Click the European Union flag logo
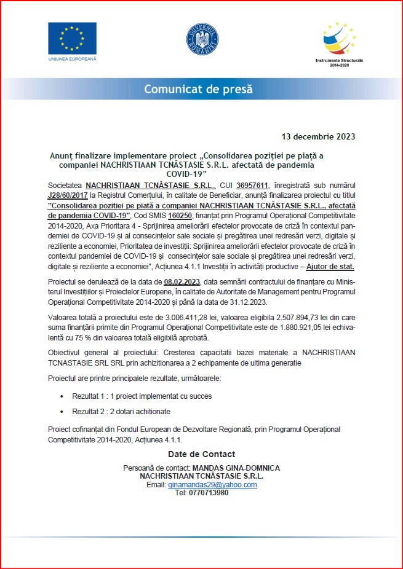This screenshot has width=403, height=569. [72, 39]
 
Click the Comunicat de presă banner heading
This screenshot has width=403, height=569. [198, 89]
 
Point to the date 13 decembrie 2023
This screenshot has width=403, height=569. [318, 136]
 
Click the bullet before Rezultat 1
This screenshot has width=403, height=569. [63, 396]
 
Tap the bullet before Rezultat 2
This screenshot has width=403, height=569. [63, 412]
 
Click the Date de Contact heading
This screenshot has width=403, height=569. [201, 454]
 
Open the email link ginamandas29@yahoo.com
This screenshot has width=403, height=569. [212, 485]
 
